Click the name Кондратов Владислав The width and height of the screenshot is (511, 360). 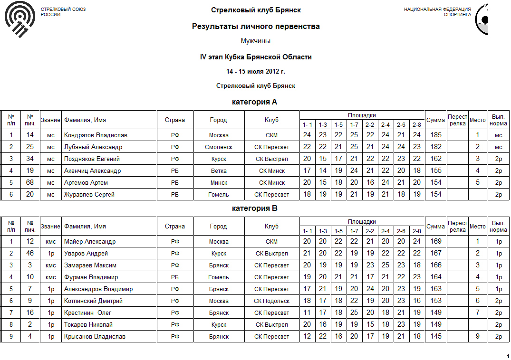point(96,135)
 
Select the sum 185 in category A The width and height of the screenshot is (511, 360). point(435,135)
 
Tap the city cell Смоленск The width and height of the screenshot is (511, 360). point(219,147)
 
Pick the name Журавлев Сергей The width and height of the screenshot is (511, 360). point(89,195)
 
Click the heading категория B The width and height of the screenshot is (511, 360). point(254,208)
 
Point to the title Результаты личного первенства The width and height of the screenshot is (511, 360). point(256,27)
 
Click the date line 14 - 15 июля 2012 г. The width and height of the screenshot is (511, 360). point(256,72)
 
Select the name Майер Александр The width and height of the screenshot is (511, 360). point(90,242)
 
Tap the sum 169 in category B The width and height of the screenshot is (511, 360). point(435,241)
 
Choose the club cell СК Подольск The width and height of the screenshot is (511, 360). point(271,301)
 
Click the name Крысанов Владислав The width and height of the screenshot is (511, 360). point(95,337)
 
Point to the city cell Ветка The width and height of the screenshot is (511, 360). point(219,171)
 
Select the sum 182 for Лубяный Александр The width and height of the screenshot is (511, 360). point(435,147)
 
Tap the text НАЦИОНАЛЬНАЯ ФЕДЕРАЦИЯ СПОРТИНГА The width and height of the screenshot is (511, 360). point(437,12)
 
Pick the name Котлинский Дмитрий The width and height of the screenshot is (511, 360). point(93,301)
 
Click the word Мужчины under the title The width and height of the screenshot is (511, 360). point(256,41)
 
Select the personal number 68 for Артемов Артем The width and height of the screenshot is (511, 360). point(30,182)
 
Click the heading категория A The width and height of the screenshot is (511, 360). point(254,102)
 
